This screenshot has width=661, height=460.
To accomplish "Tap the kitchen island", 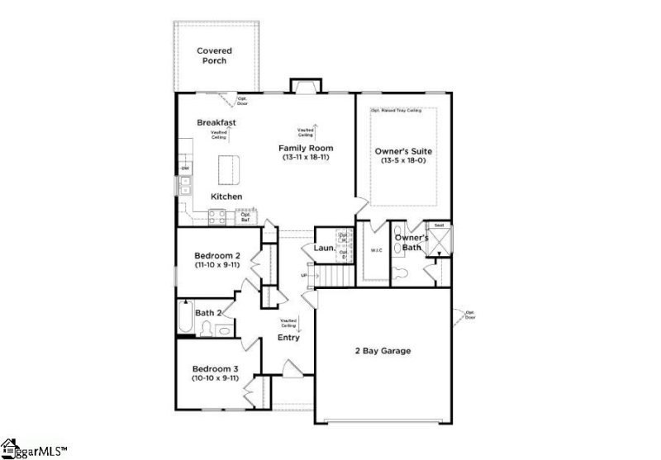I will click(x=229, y=169).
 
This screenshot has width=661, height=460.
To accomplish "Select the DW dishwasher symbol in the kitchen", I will click(x=185, y=168).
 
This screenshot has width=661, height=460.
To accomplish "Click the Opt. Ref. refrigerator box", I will click(x=245, y=217).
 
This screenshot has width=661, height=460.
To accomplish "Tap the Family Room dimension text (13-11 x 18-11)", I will click(x=305, y=157).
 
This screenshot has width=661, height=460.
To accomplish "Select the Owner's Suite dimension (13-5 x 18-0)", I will click(x=404, y=162).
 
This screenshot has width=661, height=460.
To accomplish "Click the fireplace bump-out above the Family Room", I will click(x=303, y=87).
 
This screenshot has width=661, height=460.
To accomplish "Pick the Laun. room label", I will click(x=324, y=249).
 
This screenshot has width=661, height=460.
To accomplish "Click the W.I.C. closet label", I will click(x=376, y=251).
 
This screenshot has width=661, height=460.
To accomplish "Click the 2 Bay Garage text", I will click(x=382, y=351).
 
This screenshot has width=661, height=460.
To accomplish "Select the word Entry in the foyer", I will click(x=288, y=338).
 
